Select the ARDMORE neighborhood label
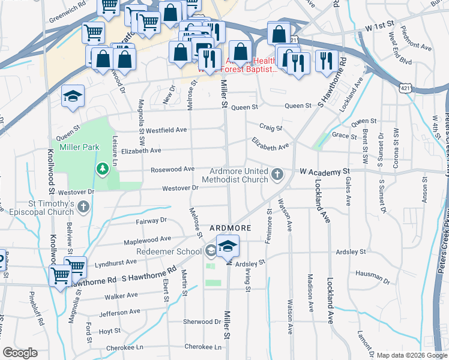click(229, 228)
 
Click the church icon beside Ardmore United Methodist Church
click(276, 175)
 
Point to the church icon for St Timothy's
click(83, 208)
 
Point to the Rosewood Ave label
click(172, 169)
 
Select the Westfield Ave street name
click(166, 130)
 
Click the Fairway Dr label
click(149, 220)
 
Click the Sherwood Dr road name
click(202, 322)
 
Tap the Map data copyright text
click(412, 355)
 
